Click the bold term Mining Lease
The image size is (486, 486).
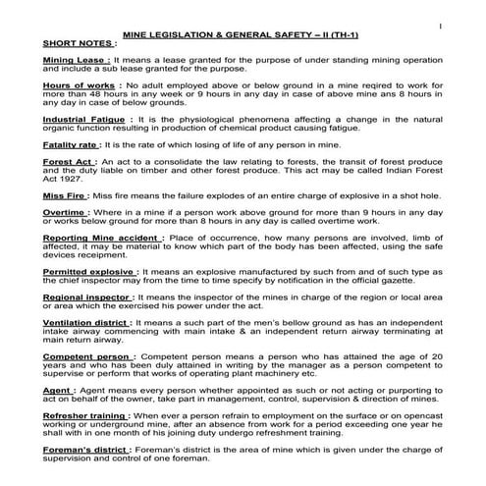[73, 61]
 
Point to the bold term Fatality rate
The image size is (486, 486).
[74, 144]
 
